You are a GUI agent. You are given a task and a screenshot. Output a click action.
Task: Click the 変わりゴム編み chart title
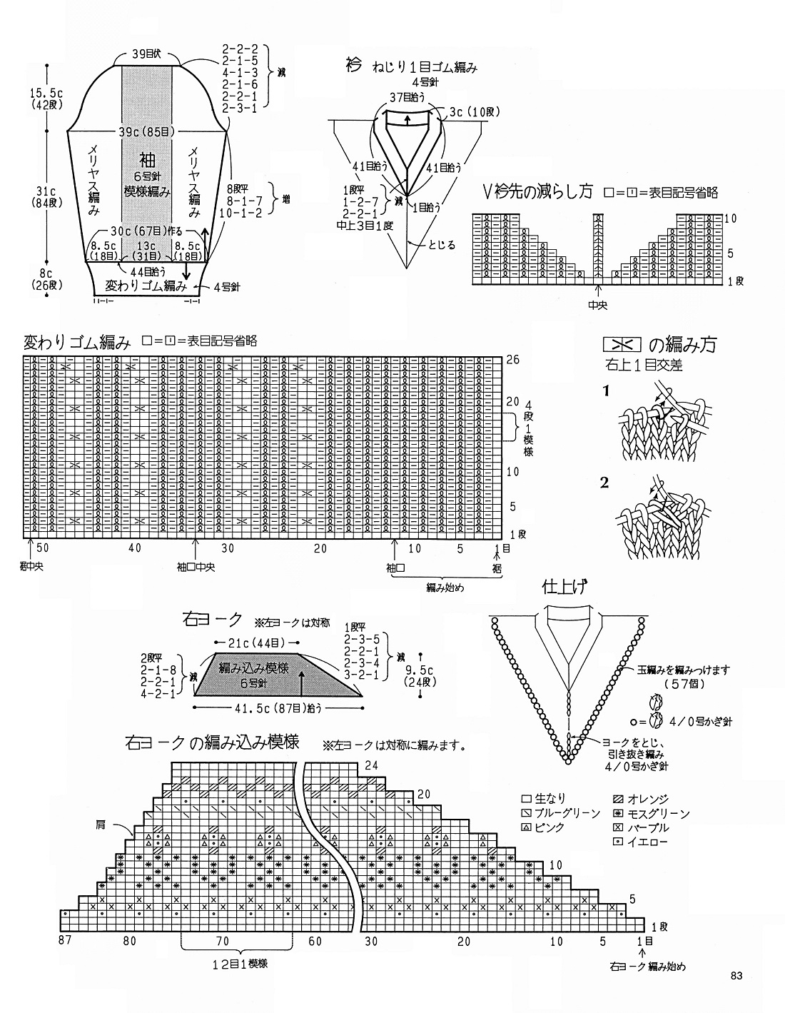coord(77,342)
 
